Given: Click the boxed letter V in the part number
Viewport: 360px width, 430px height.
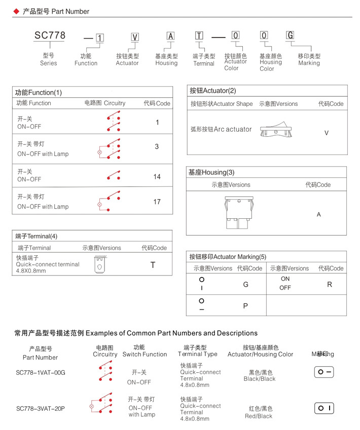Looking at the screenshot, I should pyautogui.click(x=135, y=36).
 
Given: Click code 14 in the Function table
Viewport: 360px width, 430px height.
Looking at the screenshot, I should pyautogui.click(x=157, y=177).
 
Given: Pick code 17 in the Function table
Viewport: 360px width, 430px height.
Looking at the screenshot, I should pyautogui.click(x=157, y=202).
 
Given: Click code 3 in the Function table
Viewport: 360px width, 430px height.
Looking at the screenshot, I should pyautogui.click(x=157, y=146).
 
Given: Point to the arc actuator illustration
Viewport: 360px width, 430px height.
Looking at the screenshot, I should pyautogui.click(x=276, y=131).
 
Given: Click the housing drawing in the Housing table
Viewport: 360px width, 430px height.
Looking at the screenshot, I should pyautogui.click(x=238, y=214).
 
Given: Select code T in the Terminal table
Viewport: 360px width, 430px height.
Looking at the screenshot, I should pyautogui.click(x=153, y=265).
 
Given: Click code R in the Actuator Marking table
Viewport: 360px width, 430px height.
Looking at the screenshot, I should pyautogui.click(x=330, y=284).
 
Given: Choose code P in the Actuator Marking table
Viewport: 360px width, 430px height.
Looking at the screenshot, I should pyautogui.click(x=245, y=306).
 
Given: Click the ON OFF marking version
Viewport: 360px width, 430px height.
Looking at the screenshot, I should pyautogui.click(x=285, y=283).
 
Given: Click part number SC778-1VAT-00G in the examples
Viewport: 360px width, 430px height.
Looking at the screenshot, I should pyautogui.click(x=41, y=373).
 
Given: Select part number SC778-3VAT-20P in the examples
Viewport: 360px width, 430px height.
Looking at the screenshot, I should pyautogui.click(x=41, y=409).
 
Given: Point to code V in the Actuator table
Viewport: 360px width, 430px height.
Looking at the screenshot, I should pyautogui.click(x=327, y=133).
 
